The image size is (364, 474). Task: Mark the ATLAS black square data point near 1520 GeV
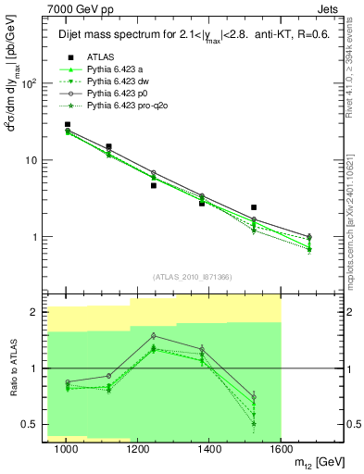(254, 207)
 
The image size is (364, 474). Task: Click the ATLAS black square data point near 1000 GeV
(68, 124)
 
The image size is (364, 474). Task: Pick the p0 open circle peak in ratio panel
(153, 336)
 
